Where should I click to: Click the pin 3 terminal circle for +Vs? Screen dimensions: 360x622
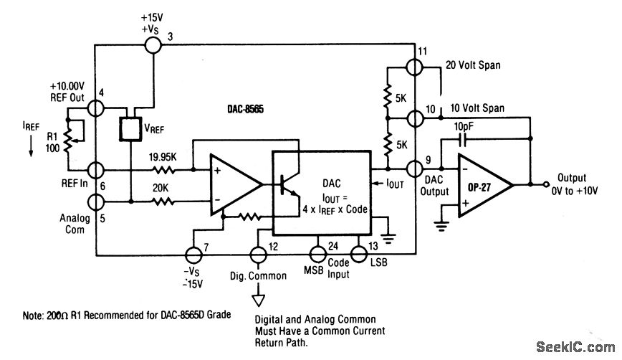point(153,45)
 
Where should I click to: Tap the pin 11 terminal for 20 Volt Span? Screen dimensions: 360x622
point(413,67)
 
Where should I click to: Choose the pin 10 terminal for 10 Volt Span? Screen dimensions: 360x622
point(413,117)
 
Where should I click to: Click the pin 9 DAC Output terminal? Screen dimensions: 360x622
point(413,169)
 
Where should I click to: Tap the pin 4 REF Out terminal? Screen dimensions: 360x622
point(96,108)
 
